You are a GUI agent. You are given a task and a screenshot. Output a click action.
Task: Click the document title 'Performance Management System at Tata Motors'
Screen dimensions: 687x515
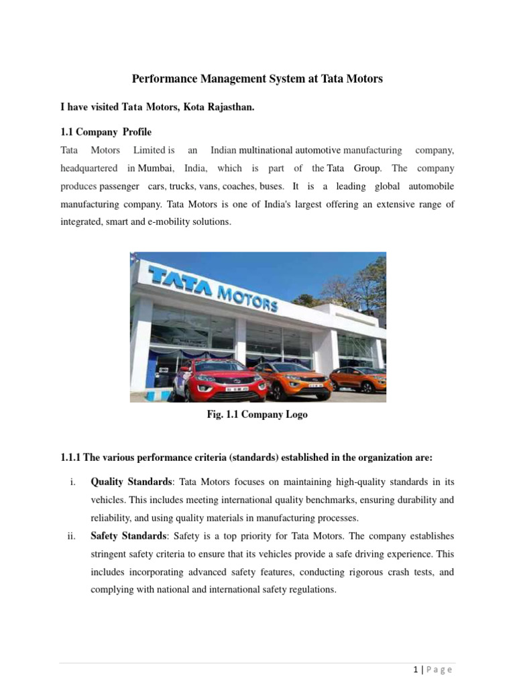click(257, 79)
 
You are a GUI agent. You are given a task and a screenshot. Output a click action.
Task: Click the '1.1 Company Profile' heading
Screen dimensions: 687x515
click(106, 131)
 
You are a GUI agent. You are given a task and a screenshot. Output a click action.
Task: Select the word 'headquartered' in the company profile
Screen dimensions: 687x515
click(89, 168)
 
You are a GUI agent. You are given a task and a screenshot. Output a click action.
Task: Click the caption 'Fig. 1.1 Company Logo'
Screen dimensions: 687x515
click(257, 415)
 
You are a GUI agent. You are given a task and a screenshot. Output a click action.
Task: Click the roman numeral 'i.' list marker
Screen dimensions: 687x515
click(72, 482)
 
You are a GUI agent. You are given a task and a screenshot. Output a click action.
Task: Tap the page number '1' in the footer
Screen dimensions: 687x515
click(416, 670)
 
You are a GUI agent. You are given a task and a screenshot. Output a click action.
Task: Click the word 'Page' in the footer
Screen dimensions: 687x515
click(440, 670)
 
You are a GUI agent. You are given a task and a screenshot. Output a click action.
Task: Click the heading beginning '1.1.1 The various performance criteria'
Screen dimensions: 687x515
click(247, 458)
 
